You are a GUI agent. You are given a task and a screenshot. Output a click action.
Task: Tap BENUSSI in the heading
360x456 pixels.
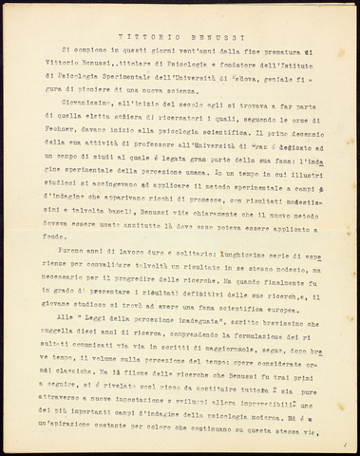199,30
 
